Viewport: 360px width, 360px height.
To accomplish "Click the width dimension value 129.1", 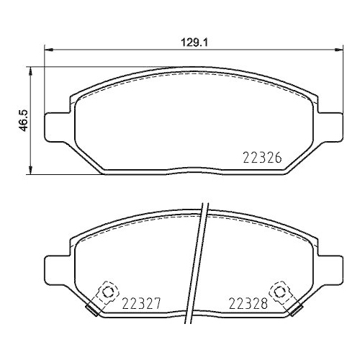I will point(193,42).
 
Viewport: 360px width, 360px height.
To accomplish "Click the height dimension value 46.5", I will point(23,119).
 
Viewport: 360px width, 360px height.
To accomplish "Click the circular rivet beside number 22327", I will point(108,292).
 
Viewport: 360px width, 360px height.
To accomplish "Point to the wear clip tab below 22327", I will point(91,310).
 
